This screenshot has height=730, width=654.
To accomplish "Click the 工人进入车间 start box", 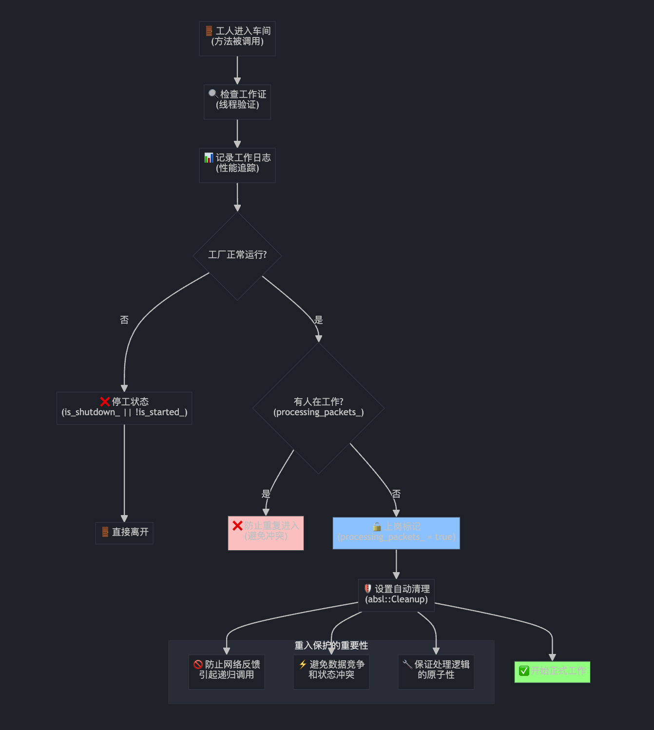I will coord(237,38).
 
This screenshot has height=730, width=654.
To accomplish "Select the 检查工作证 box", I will coord(237,102).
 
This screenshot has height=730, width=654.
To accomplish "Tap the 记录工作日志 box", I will coord(237,165).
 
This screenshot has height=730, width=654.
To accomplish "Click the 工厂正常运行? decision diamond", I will coord(237,255).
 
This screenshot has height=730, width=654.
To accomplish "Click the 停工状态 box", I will coord(124,408).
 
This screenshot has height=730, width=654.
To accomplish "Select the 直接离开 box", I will coord(124,533).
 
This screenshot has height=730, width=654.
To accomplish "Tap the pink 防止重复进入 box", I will coord(266,533).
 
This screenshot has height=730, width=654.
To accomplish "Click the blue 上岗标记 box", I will coord(396,533).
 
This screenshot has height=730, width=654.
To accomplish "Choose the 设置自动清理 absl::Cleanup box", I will coord(396,595).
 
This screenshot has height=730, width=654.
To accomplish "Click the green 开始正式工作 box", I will coord(552,672).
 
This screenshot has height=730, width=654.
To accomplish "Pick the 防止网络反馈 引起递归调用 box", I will coord(227,672).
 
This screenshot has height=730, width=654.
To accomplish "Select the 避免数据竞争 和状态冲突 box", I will coord(331,672).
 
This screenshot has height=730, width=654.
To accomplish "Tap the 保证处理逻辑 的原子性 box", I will coord(436,672).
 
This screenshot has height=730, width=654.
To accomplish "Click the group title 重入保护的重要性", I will coord(331,646).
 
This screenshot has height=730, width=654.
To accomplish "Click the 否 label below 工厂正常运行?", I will coord(124,320).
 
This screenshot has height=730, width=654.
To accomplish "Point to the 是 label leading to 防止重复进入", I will coord(266,494).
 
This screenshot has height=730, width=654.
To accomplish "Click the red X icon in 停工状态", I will coord(105,402).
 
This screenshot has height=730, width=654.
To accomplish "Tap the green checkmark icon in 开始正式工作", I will coord(524,671).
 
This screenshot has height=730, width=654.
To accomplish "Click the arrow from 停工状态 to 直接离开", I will coord(124,473).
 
